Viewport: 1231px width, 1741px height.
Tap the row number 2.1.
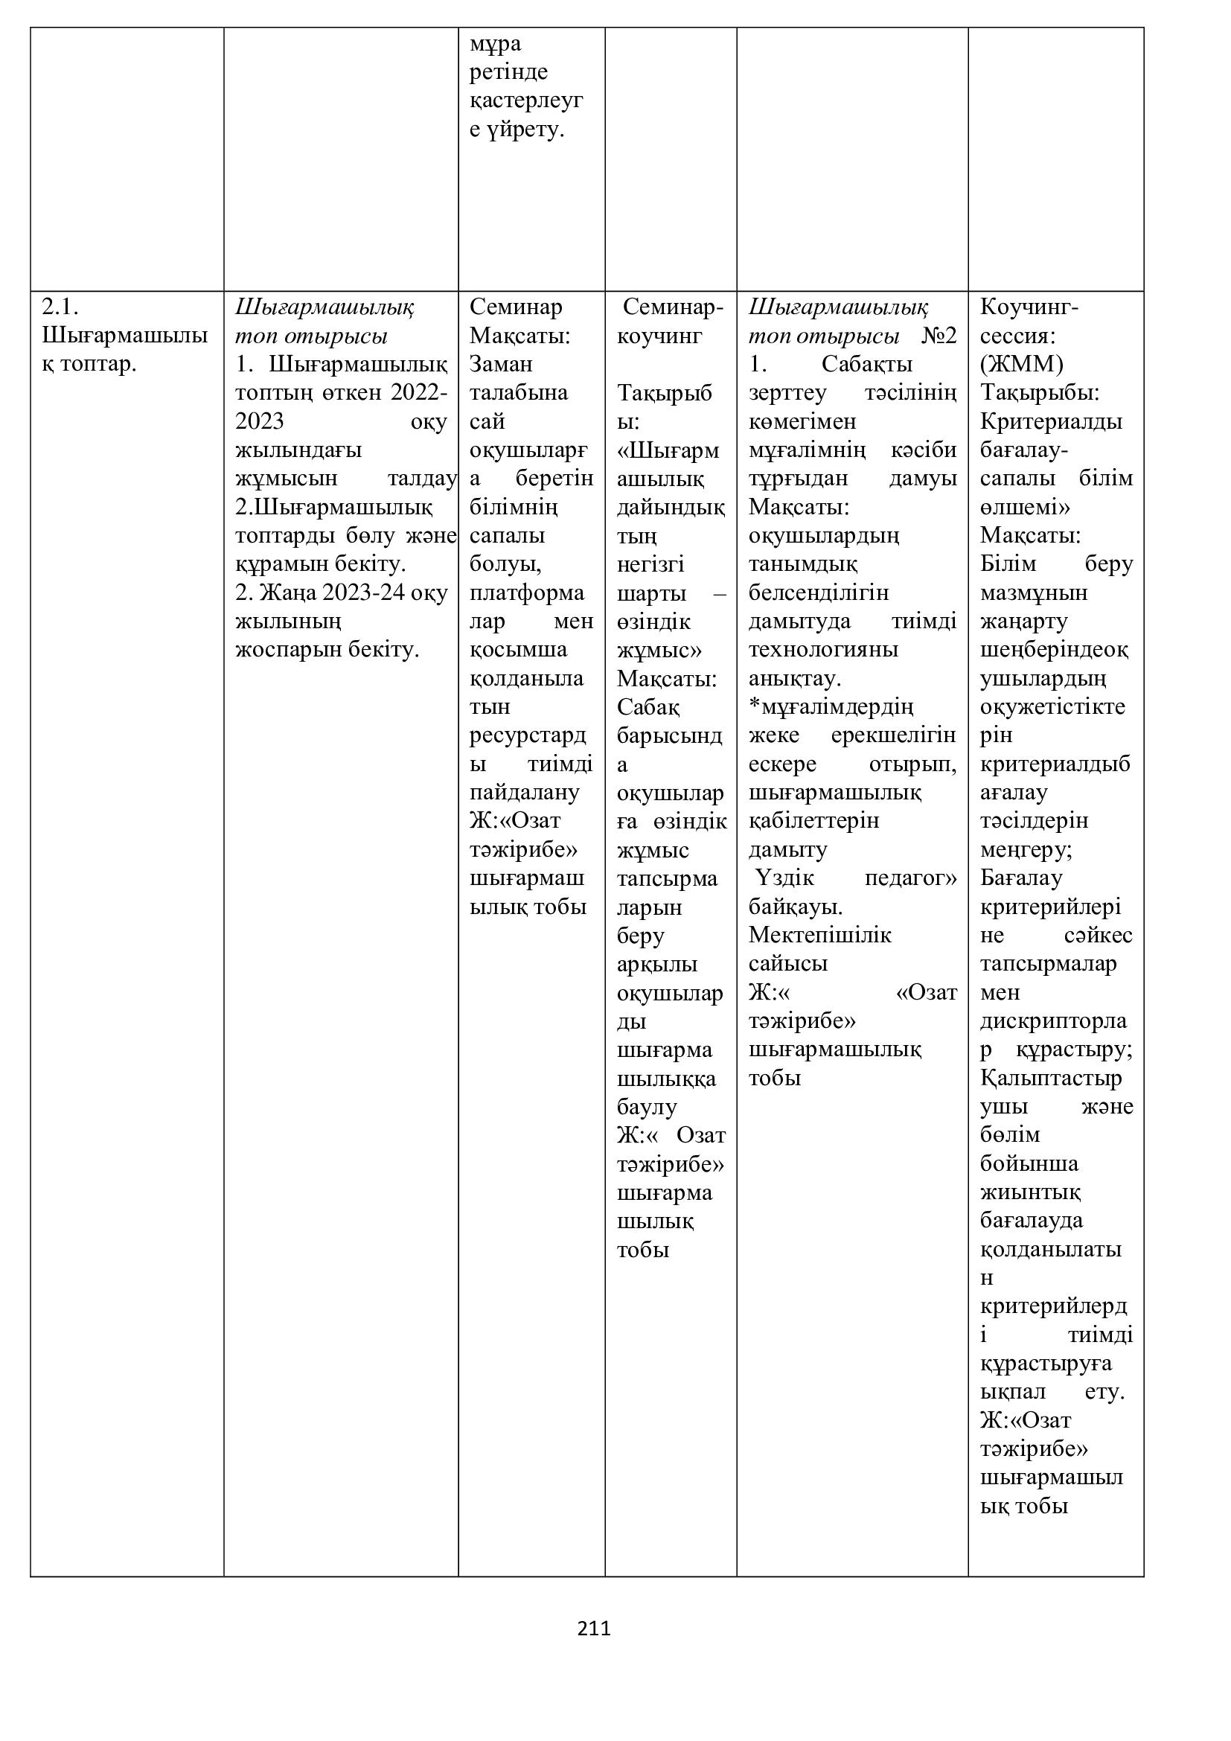pyautogui.click(x=60, y=307)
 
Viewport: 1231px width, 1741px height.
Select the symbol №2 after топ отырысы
pyautogui.click(x=939, y=336)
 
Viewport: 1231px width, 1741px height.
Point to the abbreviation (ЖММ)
pyautogui.click(x=1022, y=365)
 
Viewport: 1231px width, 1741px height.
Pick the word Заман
pyautogui.click(x=501, y=365)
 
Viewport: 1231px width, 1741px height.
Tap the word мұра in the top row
pyautogui.click(x=496, y=44)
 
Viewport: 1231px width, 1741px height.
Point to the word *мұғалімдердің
pyautogui.click(x=831, y=707)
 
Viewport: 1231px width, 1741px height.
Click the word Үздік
pyautogui.click(x=784, y=879)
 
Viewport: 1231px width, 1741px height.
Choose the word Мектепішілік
pyautogui.click(x=820, y=936)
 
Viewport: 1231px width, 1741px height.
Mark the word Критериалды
pyautogui.click(x=1051, y=421)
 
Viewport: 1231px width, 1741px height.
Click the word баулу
pyautogui.click(x=647, y=1107)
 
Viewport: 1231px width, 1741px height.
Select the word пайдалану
pyautogui.click(x=525, y=793)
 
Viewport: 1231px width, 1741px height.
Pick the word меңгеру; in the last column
pyautogui.click(x=1026, y=850)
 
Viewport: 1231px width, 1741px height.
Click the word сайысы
pyautogui.click(x=787, y=965)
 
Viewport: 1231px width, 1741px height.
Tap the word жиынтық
pyautogui.click(x=1030, y=1192)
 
